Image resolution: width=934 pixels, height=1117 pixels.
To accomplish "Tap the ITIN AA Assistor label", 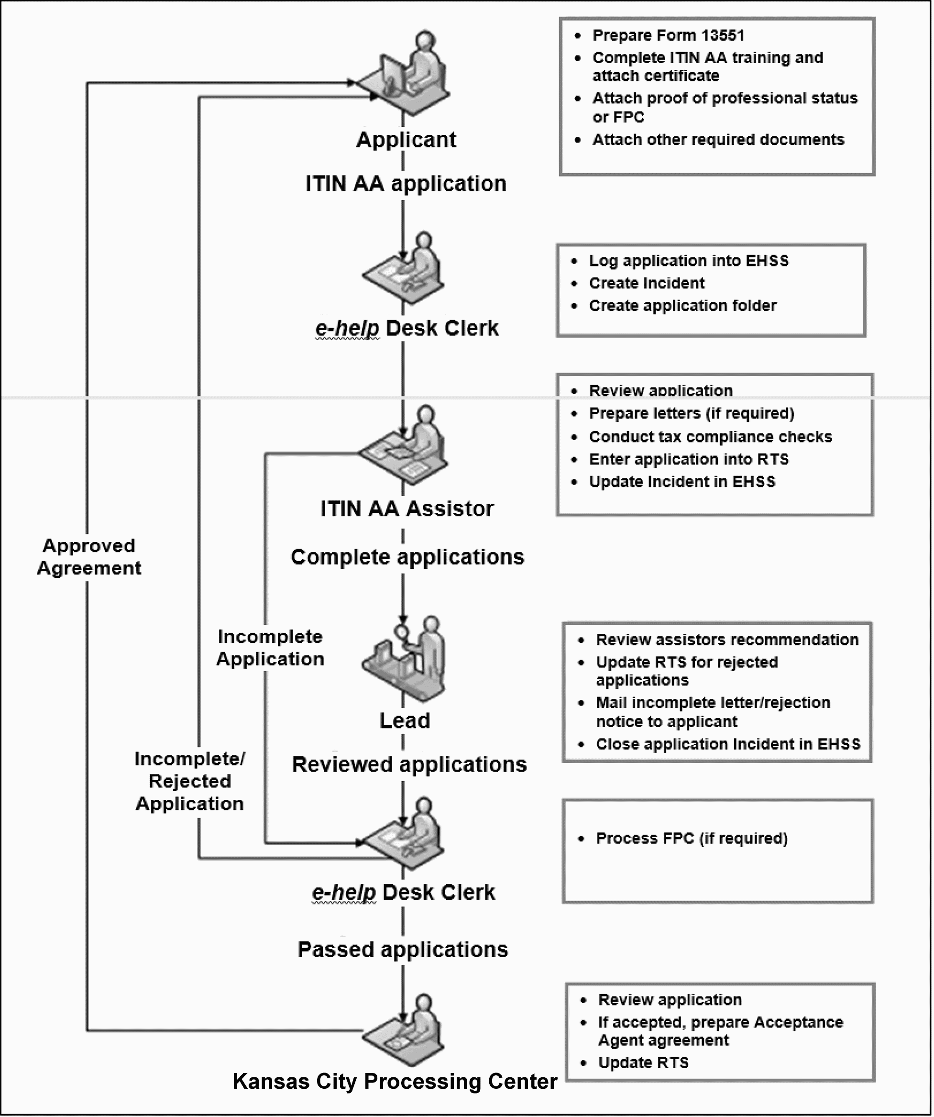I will (x=407, y=509).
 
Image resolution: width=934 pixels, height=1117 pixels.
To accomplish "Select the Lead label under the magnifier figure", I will (x=404, y=721).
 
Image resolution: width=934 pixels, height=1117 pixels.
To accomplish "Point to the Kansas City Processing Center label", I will (x=395, y=1082).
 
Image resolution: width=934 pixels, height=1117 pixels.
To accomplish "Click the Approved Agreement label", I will (x=89, y=557).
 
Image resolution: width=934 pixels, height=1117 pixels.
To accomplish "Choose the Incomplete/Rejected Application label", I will (x=190, y=781).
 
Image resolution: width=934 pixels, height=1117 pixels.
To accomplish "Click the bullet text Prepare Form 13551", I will (x=668, y=35).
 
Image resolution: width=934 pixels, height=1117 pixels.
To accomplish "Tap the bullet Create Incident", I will (x=646, y=283).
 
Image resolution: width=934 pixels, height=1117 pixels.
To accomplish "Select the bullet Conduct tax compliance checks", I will (x=710, y=437).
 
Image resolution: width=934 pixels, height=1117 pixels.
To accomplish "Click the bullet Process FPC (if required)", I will (x=692, y=838).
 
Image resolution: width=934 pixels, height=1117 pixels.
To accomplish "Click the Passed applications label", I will (x=403, y=950).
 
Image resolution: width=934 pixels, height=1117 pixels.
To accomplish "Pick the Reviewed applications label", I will (x=409, y=764).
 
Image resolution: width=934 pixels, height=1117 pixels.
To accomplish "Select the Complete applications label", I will (x=407, y=557).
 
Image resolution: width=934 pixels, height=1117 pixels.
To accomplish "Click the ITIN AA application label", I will (x=406, y=184).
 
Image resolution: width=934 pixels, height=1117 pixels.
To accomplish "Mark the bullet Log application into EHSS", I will (x=688, y=261).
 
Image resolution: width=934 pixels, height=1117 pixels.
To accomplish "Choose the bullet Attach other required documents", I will (x=718, y=139).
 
